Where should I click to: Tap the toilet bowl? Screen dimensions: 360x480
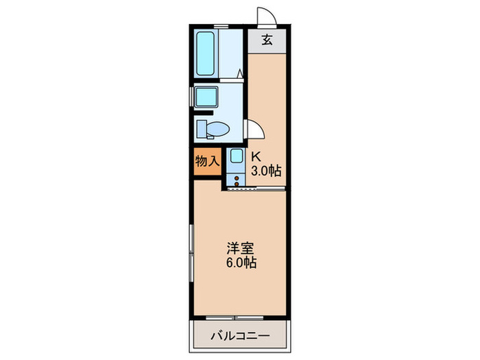(218, 128)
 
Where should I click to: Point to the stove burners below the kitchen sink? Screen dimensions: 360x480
(237, 181)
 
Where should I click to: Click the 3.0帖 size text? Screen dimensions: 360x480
(266, 170)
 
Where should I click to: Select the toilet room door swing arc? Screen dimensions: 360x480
(255, 131)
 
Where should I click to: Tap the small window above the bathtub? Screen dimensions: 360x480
(220, 26)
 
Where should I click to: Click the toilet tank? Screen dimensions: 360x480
(200, 128)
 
